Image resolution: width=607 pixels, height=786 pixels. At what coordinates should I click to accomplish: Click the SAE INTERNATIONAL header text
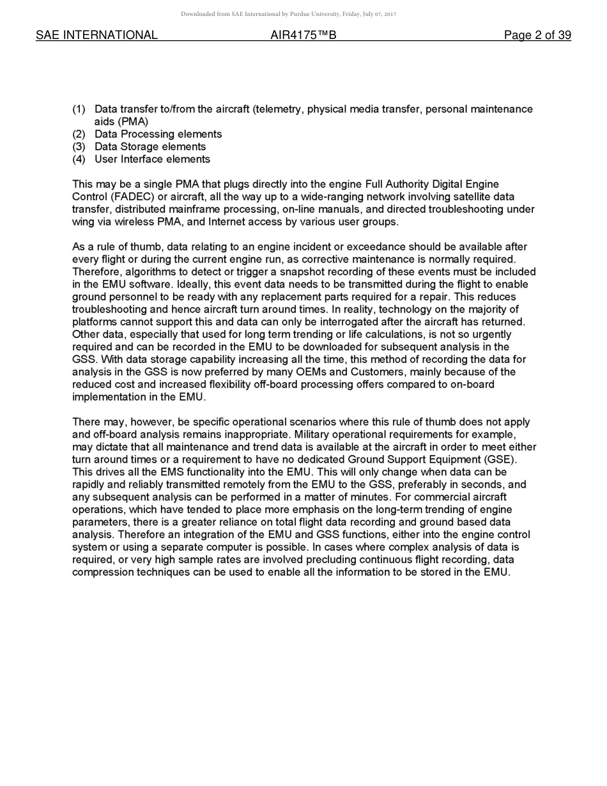click(x=96, y=35)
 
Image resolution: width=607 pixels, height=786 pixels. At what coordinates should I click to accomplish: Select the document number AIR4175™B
click(x=303, y=35)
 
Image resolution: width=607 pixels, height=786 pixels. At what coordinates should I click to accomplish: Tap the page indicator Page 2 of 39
click(x=537, y=35)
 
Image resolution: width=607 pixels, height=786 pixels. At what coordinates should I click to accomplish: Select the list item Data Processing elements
click(x=158, y=134)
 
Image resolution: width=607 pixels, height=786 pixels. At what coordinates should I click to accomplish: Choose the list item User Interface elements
click(x=152, y=159)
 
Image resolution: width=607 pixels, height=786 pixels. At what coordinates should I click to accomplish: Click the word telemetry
click(x=278, y=109)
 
